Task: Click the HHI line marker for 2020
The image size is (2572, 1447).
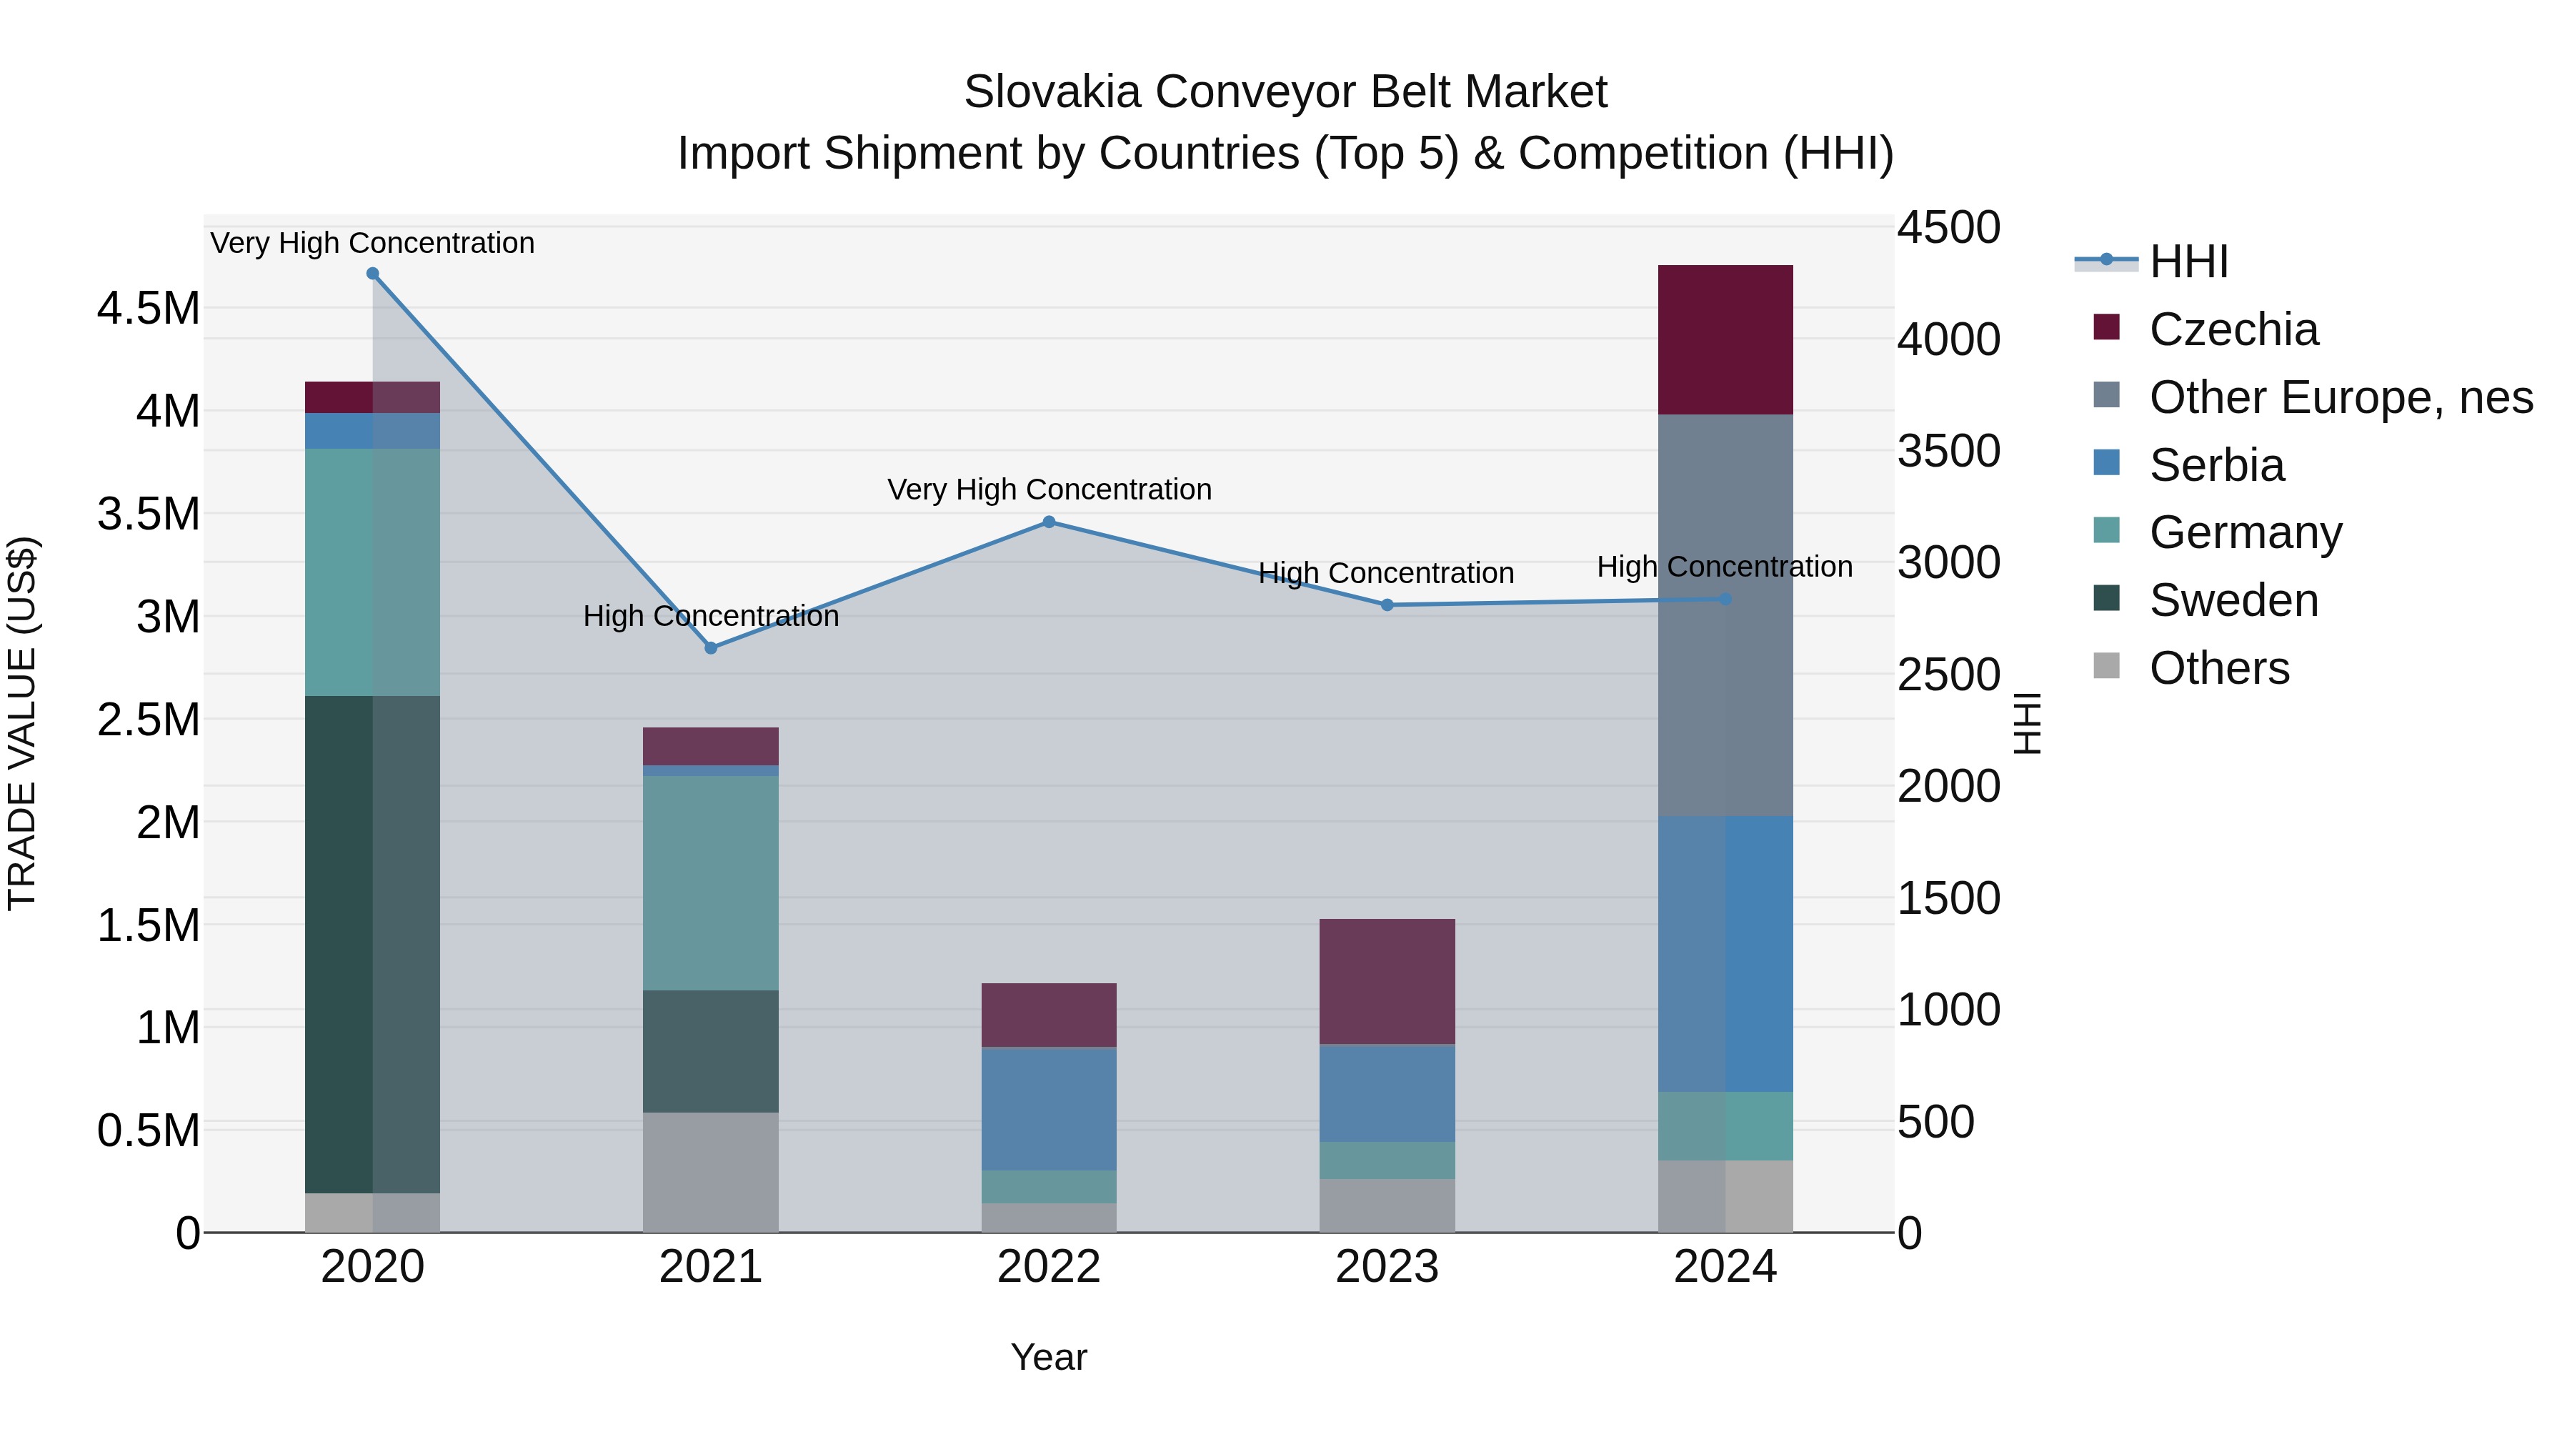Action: click(x=372, y=274)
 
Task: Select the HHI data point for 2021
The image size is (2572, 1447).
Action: click(x=711, y=648)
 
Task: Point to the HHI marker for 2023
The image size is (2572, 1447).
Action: click(x=1387, y=605)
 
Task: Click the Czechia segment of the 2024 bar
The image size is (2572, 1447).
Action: click(x=1725, y=339)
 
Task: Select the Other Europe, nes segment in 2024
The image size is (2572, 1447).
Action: click(x=1725, y=615)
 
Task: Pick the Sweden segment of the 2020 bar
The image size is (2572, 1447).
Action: click(x=372, y=944)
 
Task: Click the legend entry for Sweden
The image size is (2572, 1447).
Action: click(x=2233, y=600)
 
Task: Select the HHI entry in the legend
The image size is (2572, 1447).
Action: click(x=2188, y=262)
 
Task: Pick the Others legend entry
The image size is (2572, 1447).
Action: click(x=2218, y=668)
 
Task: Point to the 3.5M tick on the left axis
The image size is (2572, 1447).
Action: click(x=149, y=514)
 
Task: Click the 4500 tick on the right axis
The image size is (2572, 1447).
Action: click(x=1948, y=228)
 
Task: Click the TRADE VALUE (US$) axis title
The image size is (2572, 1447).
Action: click(x=23, y=723)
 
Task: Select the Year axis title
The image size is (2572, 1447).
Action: click(x=1048, y=1357)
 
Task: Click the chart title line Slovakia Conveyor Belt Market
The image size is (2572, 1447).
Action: click(x=1285, y=92)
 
